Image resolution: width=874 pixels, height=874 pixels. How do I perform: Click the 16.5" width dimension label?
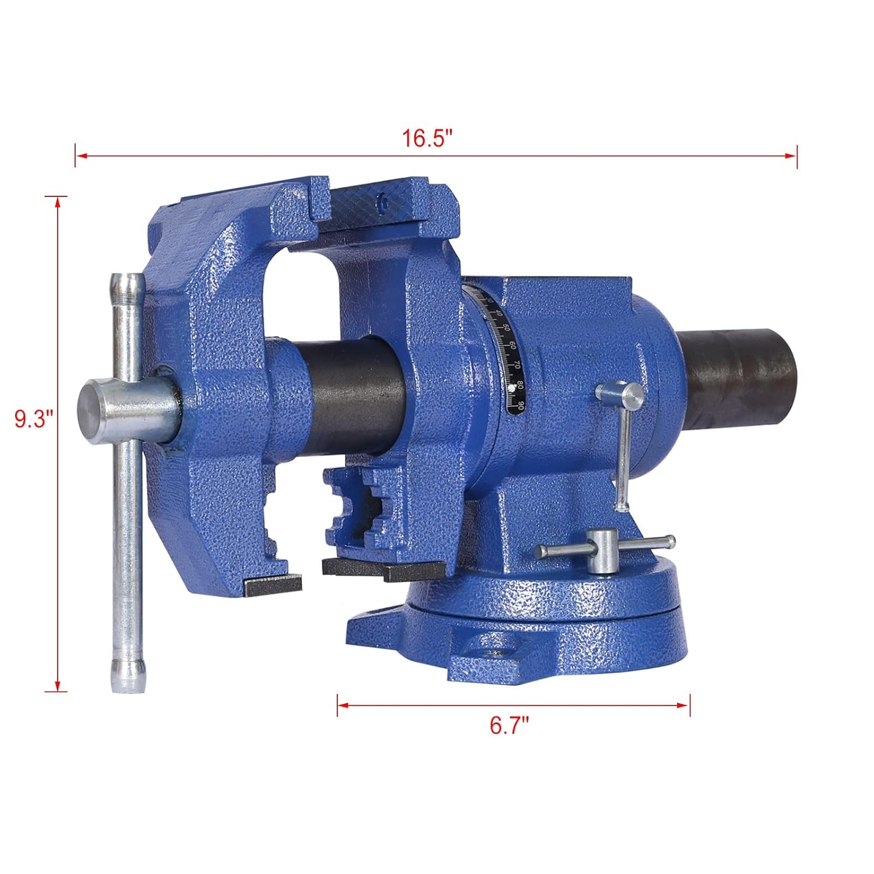point(427,140)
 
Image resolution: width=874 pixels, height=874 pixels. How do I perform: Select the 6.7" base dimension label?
point(509,726)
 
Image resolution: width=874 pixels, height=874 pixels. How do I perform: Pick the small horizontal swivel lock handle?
point(606,549)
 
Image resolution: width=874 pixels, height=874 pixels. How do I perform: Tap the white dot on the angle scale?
point(510,386)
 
